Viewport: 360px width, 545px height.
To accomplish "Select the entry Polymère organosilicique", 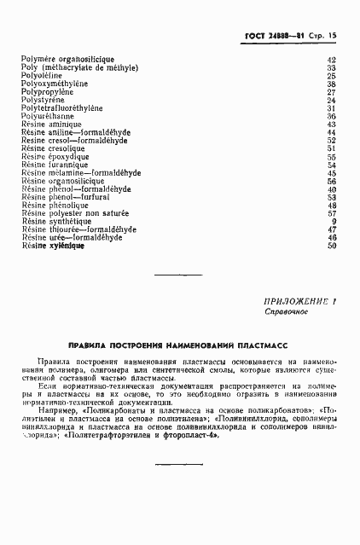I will click(63, 59).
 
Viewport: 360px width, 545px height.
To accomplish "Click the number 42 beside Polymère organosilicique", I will click(332, 59).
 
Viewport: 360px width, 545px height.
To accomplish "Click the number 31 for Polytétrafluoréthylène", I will click(332, 108).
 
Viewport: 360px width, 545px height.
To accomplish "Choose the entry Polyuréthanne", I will click(49, 117).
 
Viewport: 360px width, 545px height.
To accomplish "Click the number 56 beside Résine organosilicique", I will click(332, 181).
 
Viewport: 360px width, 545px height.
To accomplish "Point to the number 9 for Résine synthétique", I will click(334, 222).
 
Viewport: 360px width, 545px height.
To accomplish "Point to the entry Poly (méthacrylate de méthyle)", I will click(79, 67).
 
